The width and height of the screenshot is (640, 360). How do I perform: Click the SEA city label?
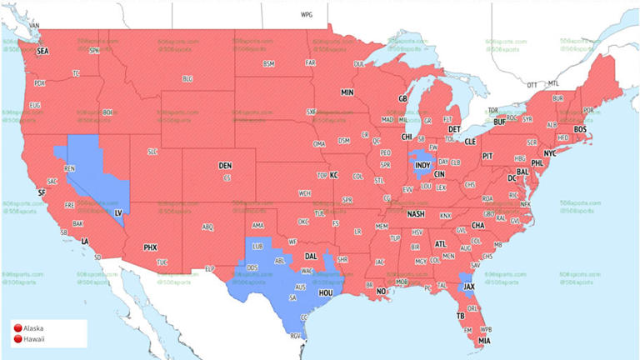[x=42, y=52]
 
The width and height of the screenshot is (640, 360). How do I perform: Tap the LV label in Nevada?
[x=117, y=213]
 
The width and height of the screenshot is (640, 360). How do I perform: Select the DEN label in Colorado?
[x=225, y=166]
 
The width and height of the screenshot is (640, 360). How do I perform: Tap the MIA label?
[x=484, y=340]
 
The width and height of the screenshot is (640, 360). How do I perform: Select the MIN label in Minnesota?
[x=347, y=92]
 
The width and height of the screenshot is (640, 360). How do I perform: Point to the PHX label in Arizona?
[x=150, y=247]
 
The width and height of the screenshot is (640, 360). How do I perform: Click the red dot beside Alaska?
[x=17, y=328]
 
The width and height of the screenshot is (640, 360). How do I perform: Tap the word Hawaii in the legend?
[x=35, y=338]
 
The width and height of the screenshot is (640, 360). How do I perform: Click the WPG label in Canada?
[x=307, y=15]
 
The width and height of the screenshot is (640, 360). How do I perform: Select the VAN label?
[x=34, y=26]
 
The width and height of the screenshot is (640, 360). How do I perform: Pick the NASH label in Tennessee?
[x=416, y=213]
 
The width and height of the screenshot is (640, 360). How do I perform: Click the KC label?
[x=333, y=175]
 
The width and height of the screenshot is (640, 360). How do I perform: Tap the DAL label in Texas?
[x=311, y=257]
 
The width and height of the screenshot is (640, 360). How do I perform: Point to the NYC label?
[x=551, y=154]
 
